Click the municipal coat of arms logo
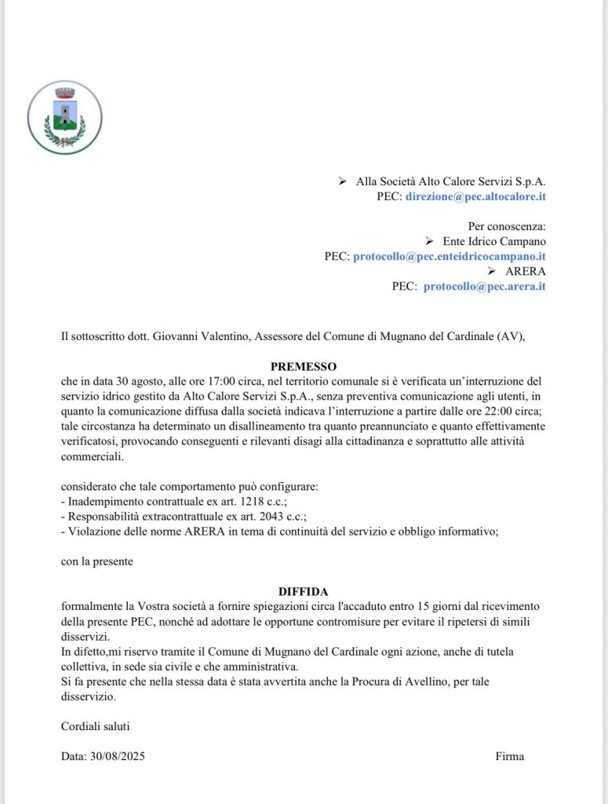pos(64,117)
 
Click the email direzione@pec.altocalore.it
pos(475,196)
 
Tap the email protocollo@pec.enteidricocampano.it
pos(450,256)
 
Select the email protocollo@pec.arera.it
pos(484,286)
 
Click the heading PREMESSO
pos(304,366)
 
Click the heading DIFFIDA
pos(304,591)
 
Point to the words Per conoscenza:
pos(507,226)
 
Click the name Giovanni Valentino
pos(179,336)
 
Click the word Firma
pos(509,756)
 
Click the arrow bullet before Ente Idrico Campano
pos(428,241)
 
